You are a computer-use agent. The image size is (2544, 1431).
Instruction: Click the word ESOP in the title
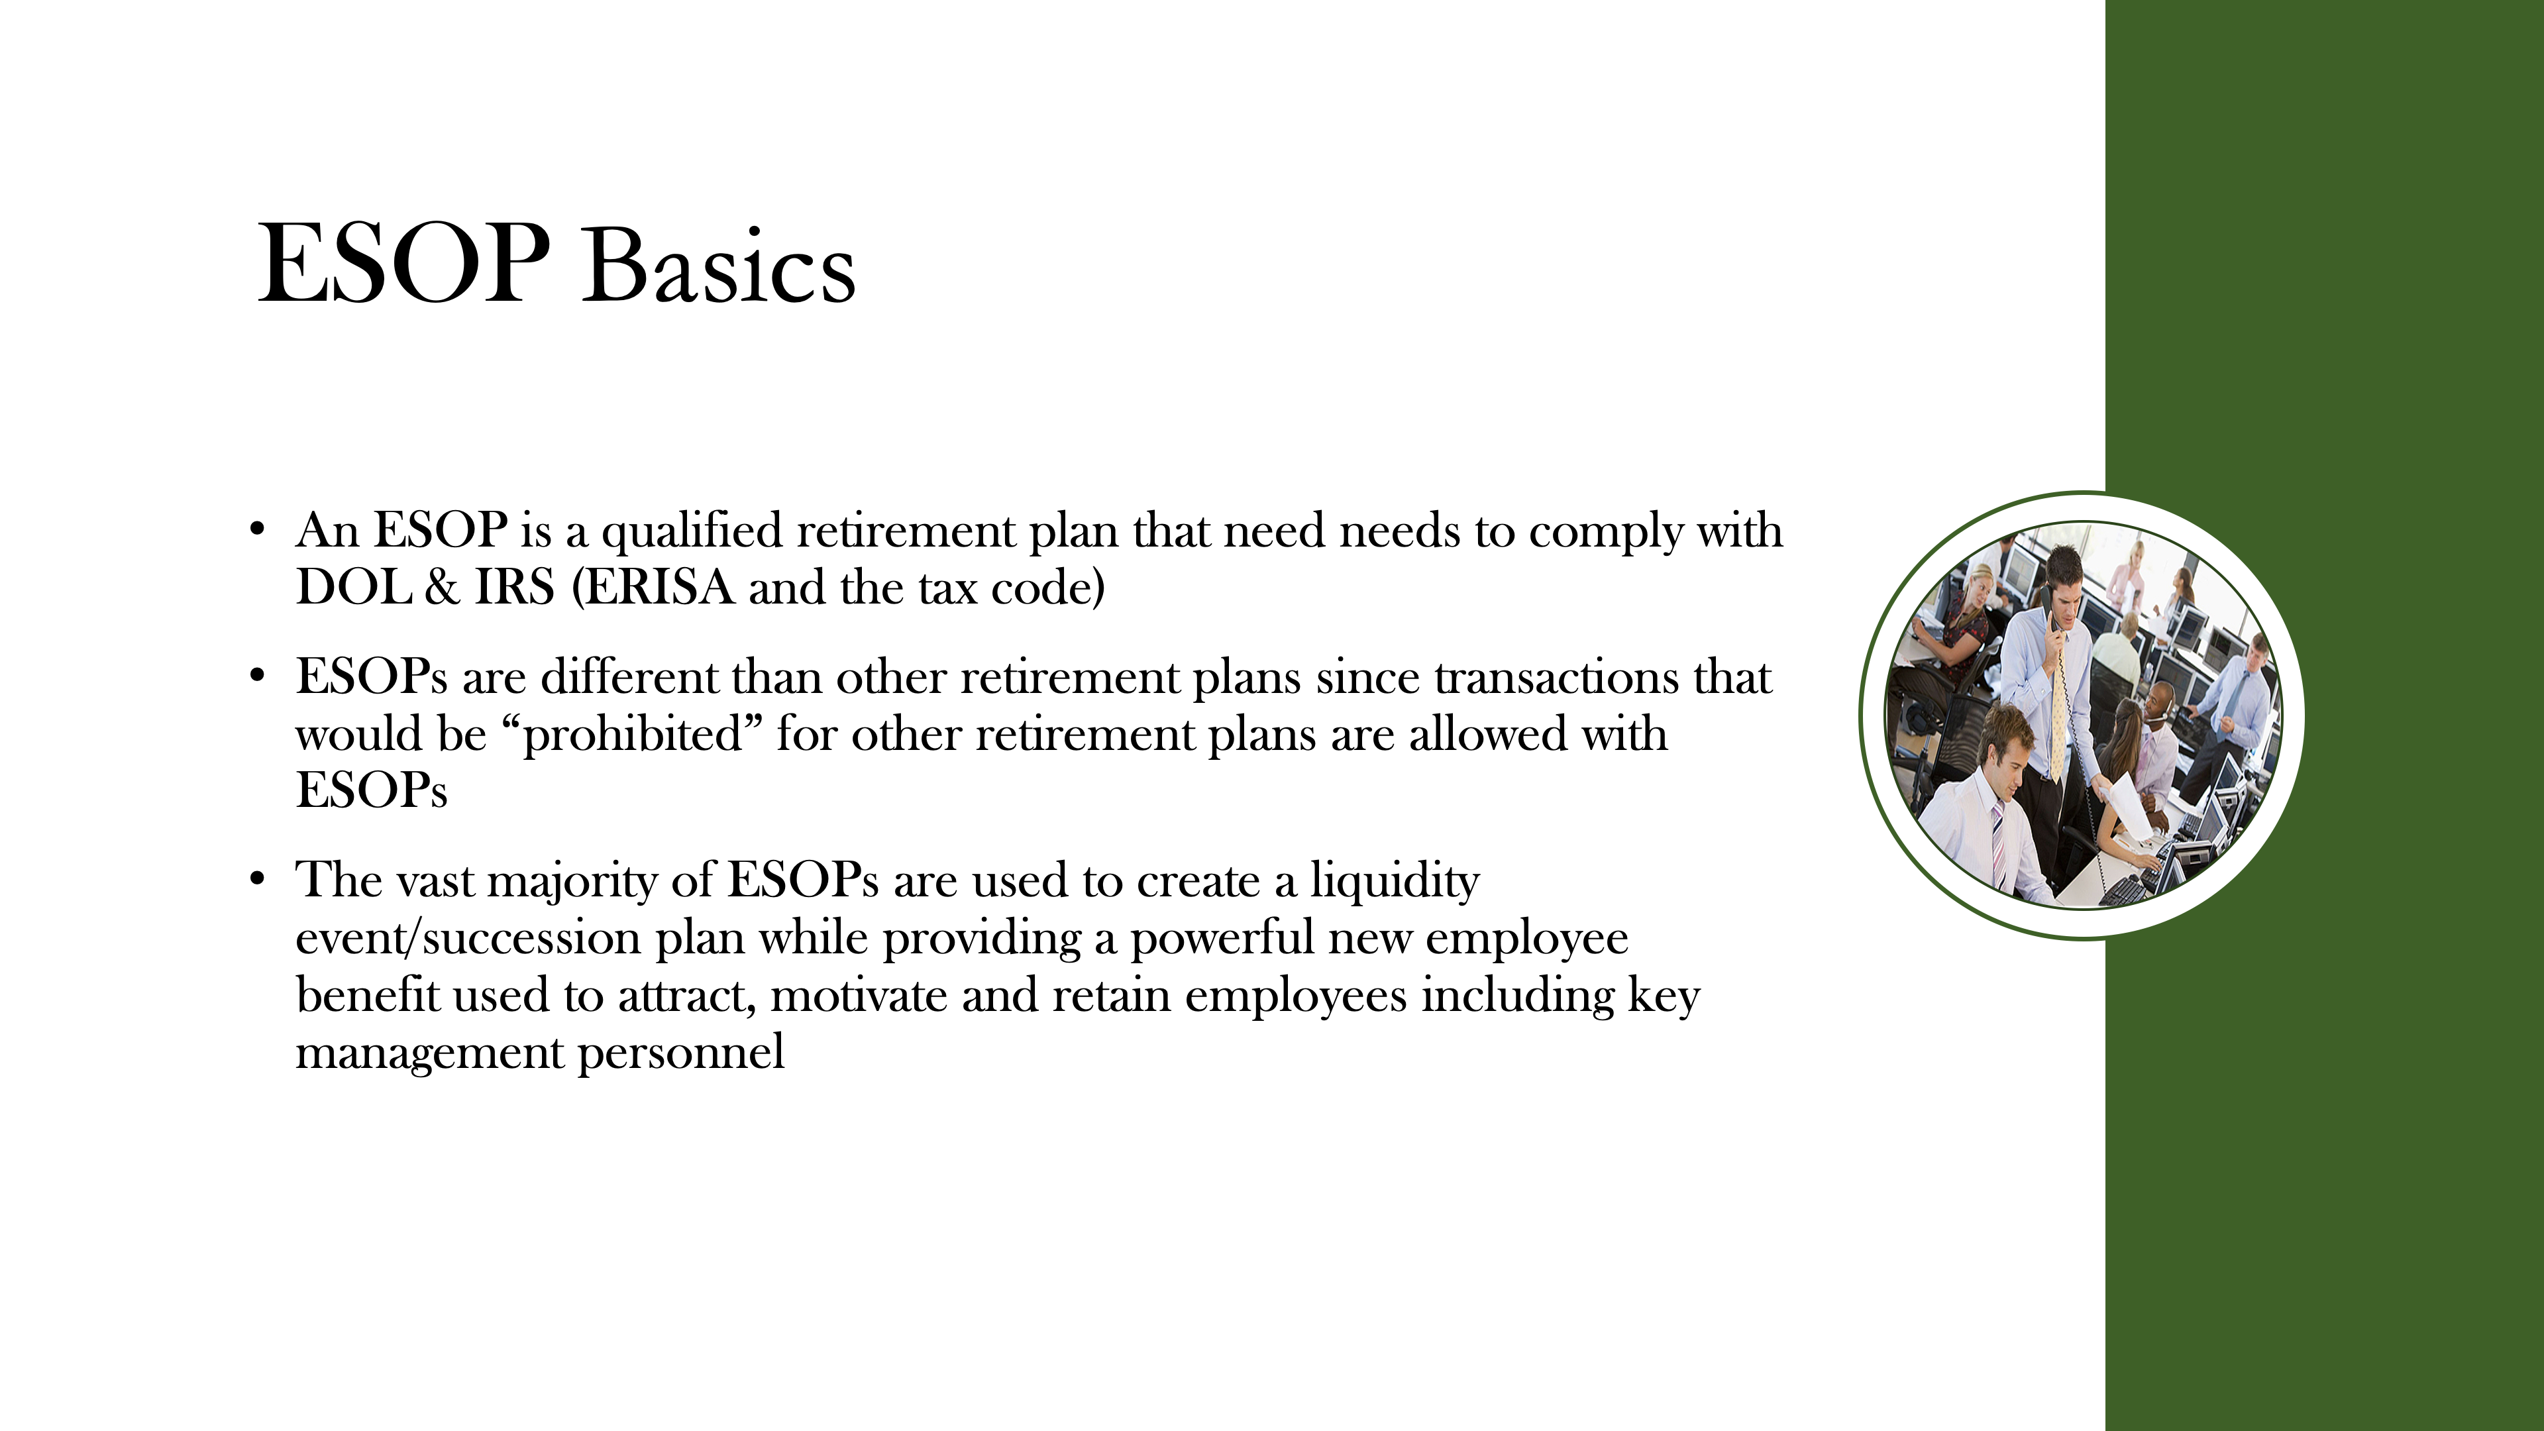(x=403, y=264)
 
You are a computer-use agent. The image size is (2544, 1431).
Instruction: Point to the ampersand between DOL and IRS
(x=441, y=588)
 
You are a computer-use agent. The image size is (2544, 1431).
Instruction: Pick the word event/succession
(x=468, y=938)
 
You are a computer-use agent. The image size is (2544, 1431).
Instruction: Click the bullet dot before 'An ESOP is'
(x=258, y=529)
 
